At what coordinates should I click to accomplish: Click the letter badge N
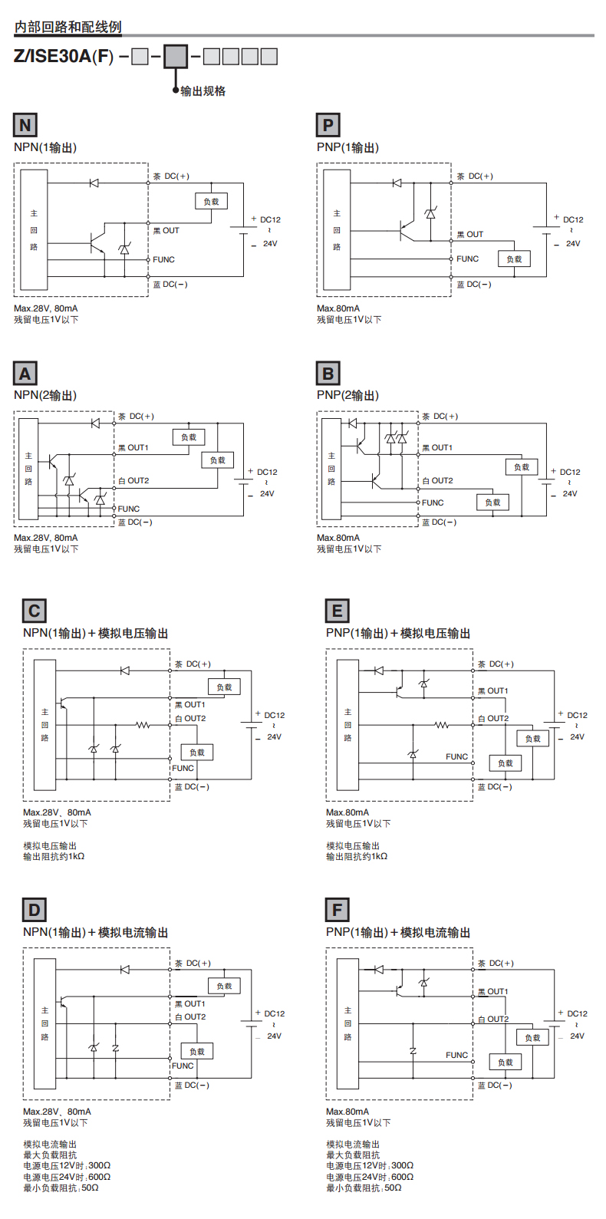25,125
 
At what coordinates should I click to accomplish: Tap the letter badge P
328,125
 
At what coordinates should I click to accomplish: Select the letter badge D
35,909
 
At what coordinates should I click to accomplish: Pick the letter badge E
338,611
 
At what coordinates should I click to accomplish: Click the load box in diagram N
211,201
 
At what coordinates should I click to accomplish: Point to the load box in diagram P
514,259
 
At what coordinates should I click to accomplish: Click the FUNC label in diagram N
163,259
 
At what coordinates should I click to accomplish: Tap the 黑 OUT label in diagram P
470,235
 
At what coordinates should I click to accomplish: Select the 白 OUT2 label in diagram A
133,480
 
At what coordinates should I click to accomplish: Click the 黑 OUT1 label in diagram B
437,447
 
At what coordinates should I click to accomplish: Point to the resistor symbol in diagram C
143,725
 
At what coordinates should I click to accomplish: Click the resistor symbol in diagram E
442,725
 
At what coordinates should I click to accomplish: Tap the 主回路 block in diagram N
34,229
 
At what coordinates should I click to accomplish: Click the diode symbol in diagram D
124,969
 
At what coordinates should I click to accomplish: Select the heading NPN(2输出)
45,395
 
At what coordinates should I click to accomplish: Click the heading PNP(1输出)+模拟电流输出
398,932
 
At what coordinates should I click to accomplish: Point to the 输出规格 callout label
203,91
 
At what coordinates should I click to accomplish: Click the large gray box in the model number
176,57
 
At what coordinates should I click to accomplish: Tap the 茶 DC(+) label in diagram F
496,964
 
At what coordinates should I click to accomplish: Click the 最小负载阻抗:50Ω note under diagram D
61,1188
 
